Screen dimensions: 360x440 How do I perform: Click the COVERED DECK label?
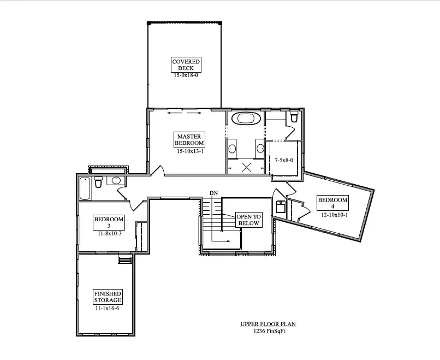click(x=186, y=65)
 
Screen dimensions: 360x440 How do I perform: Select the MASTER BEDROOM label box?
click(x=189, y=140)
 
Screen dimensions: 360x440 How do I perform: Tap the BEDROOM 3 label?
click(x=109, y=223)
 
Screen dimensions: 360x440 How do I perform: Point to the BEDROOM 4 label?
click(x=333, y=203)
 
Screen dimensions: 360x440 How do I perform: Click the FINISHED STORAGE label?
click(x=107, y=297)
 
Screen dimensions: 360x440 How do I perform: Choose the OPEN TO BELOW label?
click(x=248, y=220)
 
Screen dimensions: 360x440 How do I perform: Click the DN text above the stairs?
click(x=213, y=193)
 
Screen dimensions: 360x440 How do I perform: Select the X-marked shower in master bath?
click(x=246, y=167)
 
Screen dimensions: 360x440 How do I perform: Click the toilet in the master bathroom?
click(x=294, y=117)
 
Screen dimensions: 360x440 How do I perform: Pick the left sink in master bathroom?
click(x=231, y=148)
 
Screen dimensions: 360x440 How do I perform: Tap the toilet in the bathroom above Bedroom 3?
click(x=99, y=181)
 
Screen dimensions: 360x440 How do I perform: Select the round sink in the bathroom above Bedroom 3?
click(x=116, y=180)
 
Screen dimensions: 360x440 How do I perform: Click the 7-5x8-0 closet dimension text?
click(x=284, y=160)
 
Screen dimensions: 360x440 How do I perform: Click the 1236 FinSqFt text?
click(x=268, y=331)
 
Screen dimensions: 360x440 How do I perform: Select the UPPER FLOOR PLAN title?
click(x=268, y=324)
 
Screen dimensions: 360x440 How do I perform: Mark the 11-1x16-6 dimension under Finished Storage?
click(x=107, y=308)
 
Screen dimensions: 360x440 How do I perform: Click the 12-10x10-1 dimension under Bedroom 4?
click(x=334, y=215)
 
